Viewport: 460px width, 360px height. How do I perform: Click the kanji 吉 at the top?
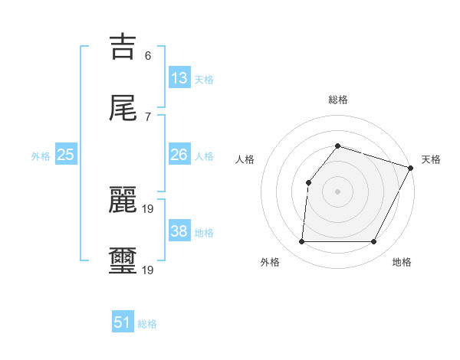(124, 47)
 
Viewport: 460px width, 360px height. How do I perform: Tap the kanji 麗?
(124, 201)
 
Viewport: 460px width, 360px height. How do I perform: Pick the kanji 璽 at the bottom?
(124, 260)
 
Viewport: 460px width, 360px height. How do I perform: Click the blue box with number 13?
(179, 77)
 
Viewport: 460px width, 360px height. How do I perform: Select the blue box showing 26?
(179, 155)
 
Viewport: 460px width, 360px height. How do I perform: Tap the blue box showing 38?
(179, 231)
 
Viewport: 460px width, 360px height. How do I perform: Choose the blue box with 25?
(66, 155)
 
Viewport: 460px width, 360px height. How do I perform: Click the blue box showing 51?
(123, 322)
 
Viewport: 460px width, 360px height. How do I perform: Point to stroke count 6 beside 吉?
(148, 56)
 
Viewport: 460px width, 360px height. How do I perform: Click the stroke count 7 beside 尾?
(148, 117)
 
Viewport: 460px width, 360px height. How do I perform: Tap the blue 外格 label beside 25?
(41, 155)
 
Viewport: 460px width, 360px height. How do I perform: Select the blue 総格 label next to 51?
(147, 324)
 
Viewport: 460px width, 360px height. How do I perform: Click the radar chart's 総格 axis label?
(338, 100)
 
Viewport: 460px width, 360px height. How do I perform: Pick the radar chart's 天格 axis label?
(431, 159)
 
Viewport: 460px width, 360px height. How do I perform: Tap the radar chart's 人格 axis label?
(245, 159)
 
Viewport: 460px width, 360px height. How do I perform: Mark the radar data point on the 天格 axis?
(411, 168)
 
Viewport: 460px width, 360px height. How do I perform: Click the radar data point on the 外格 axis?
(301, 242)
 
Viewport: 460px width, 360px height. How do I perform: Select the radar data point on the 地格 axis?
(374, 242)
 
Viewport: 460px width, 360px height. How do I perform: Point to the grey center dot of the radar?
(337, 191)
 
